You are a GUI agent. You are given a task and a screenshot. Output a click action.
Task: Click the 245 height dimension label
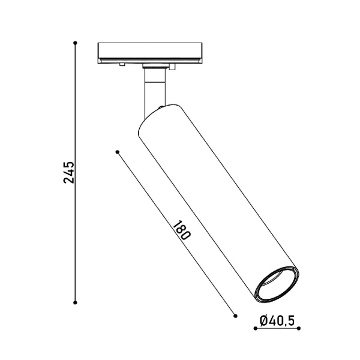69,172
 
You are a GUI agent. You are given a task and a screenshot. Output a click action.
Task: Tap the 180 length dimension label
182,230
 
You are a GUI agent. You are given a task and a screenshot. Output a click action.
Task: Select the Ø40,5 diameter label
277,322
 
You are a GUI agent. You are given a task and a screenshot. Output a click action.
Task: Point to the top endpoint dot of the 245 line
75,43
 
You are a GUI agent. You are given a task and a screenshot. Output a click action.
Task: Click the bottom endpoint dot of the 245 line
75,302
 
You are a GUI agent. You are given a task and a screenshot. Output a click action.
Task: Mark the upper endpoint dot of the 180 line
118,151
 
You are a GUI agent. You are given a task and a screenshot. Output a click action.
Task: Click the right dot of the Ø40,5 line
298,329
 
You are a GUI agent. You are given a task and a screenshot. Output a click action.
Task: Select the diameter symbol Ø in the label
264,322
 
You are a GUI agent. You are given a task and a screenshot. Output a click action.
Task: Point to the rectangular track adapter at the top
149,53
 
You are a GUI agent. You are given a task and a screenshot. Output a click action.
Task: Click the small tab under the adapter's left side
121,64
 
